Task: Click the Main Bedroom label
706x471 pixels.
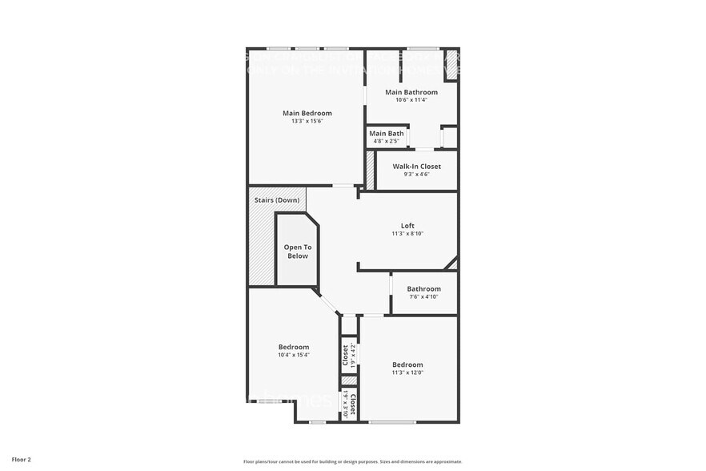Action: pyautogui.click(x=307, y=113)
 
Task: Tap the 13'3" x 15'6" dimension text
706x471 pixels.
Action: pyautogui.click(x=307, y=121)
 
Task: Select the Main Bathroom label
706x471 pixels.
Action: pyautogui.click(x=411, y=92)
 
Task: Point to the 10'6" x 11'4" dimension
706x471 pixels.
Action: pyautogui.click(x=411, y=100)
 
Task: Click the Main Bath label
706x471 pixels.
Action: pyautogui.click(x=387, y=133)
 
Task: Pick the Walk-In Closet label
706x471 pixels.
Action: pyautogui.click(x=416, y=167)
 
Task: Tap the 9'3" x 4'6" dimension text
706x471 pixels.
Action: pyautogui.click(x=416, y=174)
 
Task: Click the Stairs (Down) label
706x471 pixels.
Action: pyautogui.click(x=277, y=199)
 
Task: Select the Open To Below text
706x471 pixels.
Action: pyautogui.click(x=297, y=252)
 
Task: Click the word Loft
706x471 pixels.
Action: pyautogui.click(x=407, y=225)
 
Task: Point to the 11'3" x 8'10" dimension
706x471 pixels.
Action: pyautogui.click(x=407, y=234)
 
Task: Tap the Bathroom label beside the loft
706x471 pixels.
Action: pyautogui.click(x=423, y=289)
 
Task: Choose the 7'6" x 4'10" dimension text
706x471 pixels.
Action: pyautogui.click(x=423, y=297)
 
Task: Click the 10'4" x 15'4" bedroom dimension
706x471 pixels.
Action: pyautogui.click(x=293, y=355)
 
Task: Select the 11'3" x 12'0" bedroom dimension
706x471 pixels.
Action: pyautogui.click(x=407, y=372)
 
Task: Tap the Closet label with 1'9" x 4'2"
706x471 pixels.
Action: pyautogui.click(x=346, y=354)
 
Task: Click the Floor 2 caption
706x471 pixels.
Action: pyautogui.click(x=22, y=460)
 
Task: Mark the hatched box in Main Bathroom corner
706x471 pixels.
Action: pyautogui.click(x=451, y=65)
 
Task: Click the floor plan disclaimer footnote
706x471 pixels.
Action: pyautogui.click(x=353, y=461)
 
